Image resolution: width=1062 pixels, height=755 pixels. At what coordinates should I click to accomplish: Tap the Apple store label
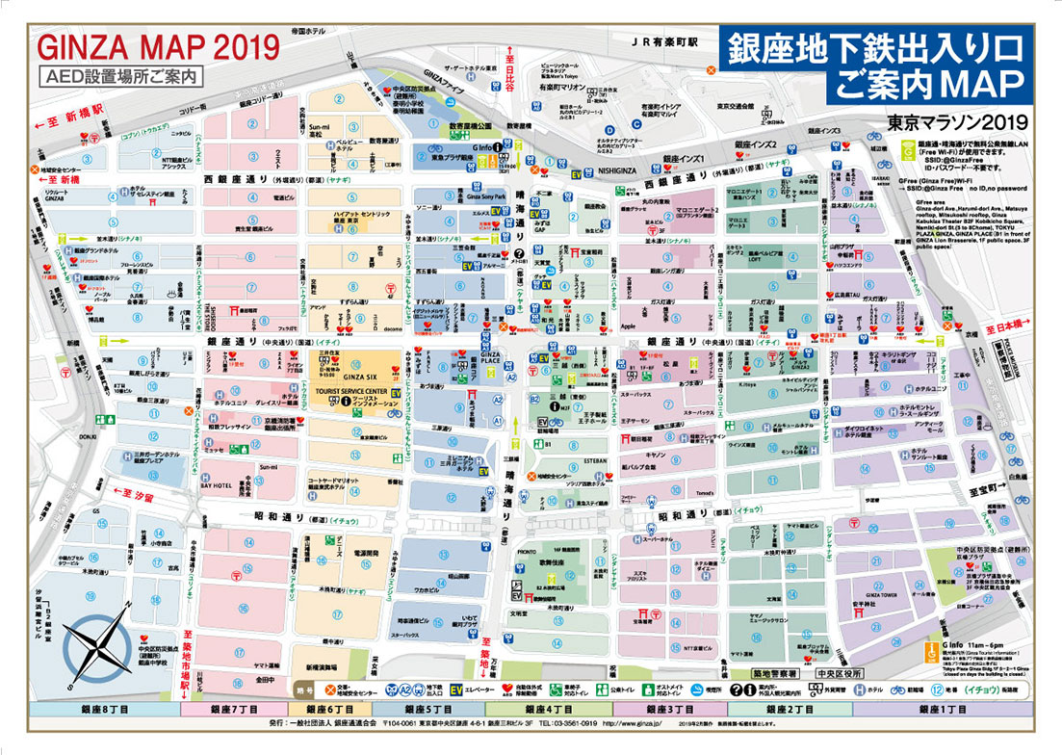[x=631, y=326]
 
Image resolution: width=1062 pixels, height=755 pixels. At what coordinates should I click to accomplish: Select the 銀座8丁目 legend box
[x=105, y=709]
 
